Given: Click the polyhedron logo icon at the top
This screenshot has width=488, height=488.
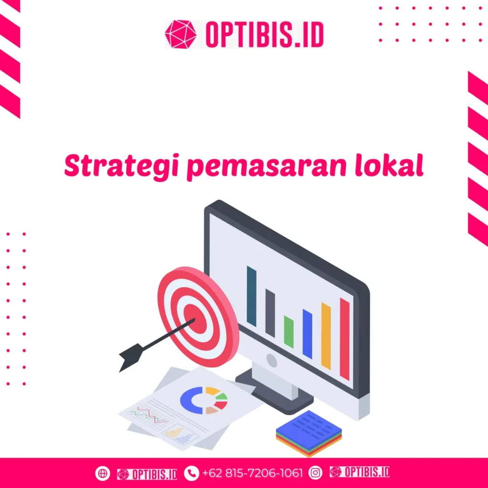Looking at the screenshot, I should click(181, 34).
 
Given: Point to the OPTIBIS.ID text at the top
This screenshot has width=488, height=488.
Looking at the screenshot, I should click(264, 34).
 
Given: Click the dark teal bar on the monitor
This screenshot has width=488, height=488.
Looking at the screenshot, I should click(252, 296).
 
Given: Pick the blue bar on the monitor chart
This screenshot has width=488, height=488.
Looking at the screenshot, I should click(307, 334).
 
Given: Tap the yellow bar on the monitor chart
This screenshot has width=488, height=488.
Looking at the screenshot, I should click(326, 336).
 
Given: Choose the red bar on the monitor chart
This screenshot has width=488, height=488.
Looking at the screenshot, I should click(345, 339).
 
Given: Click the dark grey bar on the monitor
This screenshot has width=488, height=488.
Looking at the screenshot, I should click(270, 313).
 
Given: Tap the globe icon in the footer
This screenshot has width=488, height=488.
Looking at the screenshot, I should click(102, 473).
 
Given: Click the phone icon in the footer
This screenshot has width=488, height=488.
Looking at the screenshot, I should click(191, 473).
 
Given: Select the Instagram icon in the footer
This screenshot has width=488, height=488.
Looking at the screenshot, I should click(315, 473).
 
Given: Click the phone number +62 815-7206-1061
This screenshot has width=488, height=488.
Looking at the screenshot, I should click(252, 473).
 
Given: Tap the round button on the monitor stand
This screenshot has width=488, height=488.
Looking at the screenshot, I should click(272, 361).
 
